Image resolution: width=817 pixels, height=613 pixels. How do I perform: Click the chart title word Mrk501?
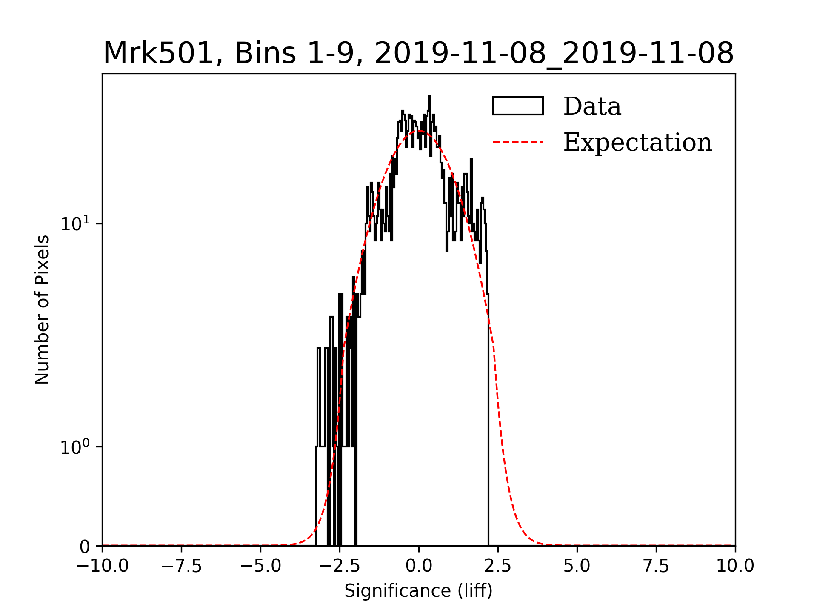[x=158, y=54]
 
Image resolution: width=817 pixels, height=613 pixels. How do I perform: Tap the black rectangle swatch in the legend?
[x=518, y=106]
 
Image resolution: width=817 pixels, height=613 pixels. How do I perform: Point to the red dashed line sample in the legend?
[x=518, y=142]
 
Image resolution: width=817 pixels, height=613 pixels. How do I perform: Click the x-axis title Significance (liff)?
[x=418, y=591]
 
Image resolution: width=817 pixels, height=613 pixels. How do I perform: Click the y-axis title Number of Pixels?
[x=42, y=309]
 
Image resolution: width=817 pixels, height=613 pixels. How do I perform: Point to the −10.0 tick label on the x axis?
[x=102, y=566]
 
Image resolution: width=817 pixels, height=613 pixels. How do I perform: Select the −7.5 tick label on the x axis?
[x=182, y=566]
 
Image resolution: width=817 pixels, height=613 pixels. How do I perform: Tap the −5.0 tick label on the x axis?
[x=260, y=566]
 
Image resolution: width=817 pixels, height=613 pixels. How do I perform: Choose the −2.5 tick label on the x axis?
[x=340, y=566]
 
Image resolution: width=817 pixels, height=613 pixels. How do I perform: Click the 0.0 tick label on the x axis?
[x=419, y=566]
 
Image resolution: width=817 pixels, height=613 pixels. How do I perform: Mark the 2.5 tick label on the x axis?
[x=498, y=566]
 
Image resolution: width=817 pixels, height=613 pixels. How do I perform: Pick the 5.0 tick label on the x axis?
[x=577, y=566]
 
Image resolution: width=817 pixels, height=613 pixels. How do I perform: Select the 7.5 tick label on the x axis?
[x=656, y=566]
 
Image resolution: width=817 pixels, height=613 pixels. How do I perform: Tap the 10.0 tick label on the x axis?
[x=735, y=566]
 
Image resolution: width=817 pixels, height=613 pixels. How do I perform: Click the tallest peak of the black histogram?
[x=429, y=97]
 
